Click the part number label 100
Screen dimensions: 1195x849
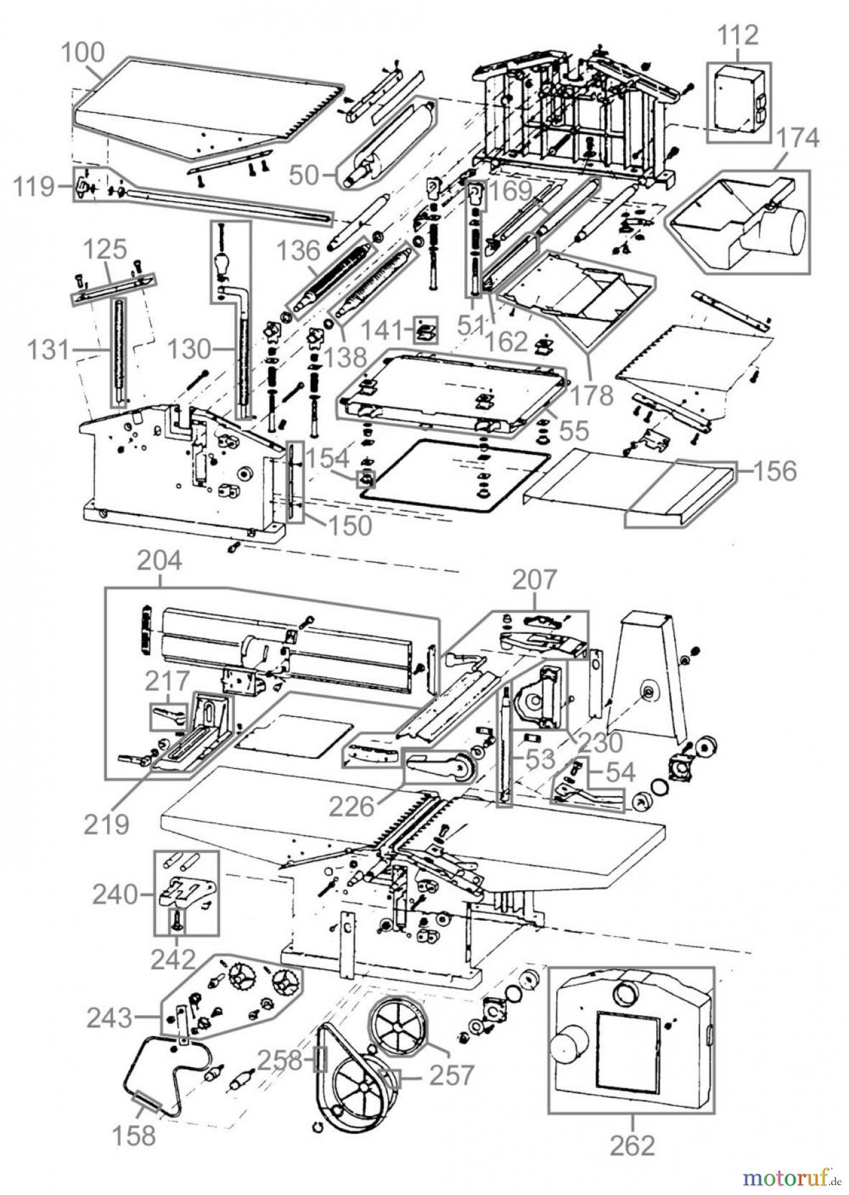(x=83, y=52)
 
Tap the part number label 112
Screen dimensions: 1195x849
(x=739, y=35)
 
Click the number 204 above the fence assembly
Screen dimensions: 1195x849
(x=159, y=562)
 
